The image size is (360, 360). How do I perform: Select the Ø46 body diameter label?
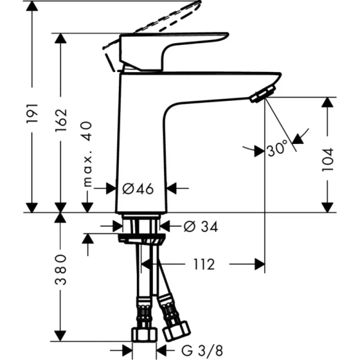[x=138, y=189]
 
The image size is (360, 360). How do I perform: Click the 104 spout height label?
[x=328, y=159]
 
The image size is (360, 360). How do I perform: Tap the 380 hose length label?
[x=61, y=269]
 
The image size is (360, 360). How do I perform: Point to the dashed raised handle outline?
[x=170, y=18]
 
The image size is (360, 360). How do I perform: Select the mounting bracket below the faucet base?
[x=142, y=238]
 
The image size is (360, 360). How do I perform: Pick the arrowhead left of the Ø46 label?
[x=111, y=189]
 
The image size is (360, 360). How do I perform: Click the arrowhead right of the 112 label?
[x=259, y=265]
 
